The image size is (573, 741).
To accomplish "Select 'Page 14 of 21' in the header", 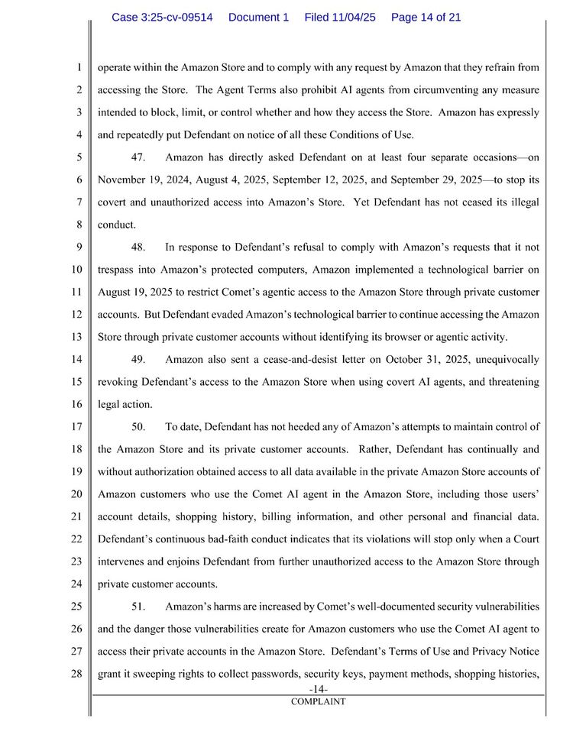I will (x=426, y=17).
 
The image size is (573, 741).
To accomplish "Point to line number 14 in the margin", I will (x=76, y=359).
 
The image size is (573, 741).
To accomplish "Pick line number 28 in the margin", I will (x=76, y=675).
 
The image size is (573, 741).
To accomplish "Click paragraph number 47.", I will (x=138, y=158).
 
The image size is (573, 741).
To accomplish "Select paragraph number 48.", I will (x=138, y=248).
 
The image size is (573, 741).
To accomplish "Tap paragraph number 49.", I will (x=138, y=359).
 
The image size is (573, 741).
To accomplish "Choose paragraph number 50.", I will (x=138, y=426).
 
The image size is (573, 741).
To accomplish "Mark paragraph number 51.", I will (x=138, y=607).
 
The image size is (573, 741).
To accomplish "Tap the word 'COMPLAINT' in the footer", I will (x=317, y=701).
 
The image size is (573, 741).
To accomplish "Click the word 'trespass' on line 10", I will (x=118, y=270).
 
